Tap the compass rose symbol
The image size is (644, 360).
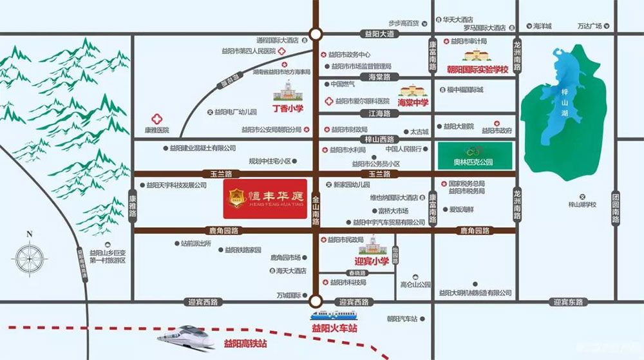tap(29, 258)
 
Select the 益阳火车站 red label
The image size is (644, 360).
tap(334, 328)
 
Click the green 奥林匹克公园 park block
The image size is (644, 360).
tap(475, 155)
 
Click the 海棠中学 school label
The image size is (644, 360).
tap(413, 102)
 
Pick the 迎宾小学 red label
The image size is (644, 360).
tap(372, 261)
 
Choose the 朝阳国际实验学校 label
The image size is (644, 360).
tap(477, 69)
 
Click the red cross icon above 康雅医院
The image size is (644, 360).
tap(156, 118)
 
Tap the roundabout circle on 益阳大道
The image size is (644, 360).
tap(316, 34)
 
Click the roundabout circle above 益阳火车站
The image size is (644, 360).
tap(316, 301)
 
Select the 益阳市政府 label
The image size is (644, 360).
tap(497, 131)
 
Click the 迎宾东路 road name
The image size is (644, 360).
tap(567, 301)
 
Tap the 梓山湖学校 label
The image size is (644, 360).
tap(582, 205)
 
